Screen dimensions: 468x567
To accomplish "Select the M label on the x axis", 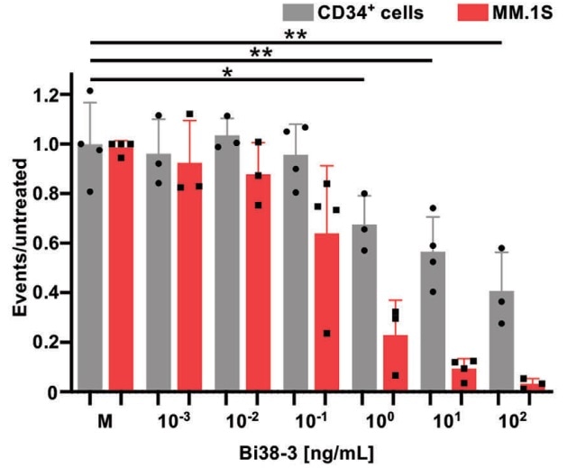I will coord(105,421).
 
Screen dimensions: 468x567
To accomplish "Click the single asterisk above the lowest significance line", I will coord(228,72).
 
